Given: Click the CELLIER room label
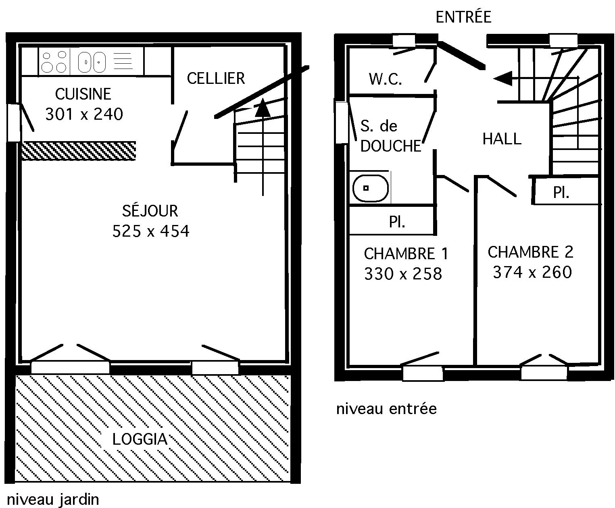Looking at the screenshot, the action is [x=216, y=78].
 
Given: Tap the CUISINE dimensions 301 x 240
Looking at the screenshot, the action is [x=84, y=114].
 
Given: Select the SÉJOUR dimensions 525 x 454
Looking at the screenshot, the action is [x=150, y=231].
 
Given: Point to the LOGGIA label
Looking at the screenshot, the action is [x=140, y=439].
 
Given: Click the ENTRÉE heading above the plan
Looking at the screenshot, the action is [x=463, y=17].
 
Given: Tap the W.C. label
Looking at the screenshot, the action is [x=385, y=79].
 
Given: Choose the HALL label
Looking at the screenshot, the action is [x=502, y=139].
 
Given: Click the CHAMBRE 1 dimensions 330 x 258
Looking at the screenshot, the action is [x=403, y=274].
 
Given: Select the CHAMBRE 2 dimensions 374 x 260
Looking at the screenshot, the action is [x=532, y=272].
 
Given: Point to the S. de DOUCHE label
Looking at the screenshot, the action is [x=390, y=136].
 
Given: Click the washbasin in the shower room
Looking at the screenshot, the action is [x=370, y=188].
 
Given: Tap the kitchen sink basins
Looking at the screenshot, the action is [x=92, y=62].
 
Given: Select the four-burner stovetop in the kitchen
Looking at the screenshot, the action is [x=54, y=62].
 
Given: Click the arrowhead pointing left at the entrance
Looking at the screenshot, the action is [x=503, y=78].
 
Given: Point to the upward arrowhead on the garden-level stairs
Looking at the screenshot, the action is [x=262, y=108].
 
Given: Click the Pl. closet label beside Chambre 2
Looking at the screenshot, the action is [x=561, y=193].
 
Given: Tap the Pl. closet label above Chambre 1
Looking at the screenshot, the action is [x=397, y=222].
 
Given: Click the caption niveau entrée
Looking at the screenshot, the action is [x=386, y=408].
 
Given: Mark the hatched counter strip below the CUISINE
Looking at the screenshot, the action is [x=79, y=151].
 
